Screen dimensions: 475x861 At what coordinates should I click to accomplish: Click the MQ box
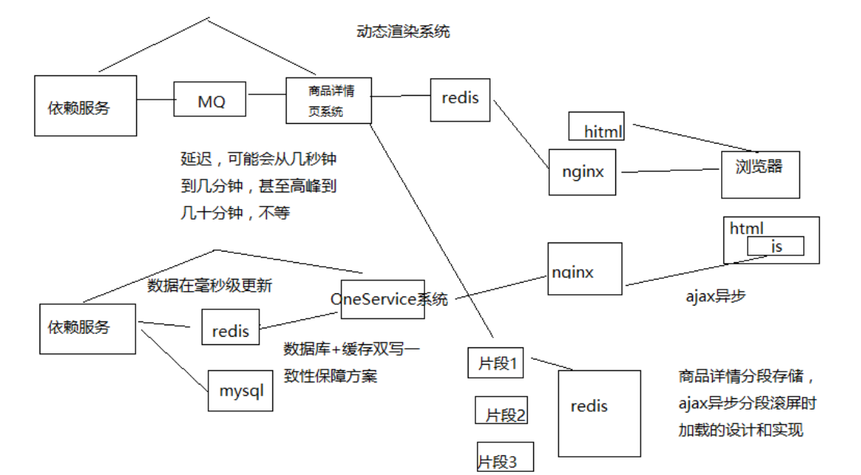pyautogui.click(x=211, y=100)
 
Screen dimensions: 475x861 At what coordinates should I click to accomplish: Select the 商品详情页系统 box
pyautogui.click(x=329, y=100)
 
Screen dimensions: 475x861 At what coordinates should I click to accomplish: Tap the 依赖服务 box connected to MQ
pyautogui.click(x=85, y=106)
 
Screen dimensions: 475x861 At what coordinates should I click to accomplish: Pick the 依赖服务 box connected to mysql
pyautogui.click(x=87, y=328)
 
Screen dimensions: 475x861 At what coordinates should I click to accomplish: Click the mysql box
pyautogui.click(x=240, y=390)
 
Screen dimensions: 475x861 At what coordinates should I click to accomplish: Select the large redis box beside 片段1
pyautogui.click(x=599, y=413)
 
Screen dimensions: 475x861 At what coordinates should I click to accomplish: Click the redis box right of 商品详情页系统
pyautogui.click(x=459, y=100)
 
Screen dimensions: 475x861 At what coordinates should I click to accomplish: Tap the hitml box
pyautogui.click(x=596, y=126)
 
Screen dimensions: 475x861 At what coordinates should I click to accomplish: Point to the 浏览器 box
pyautogui.click(x=760, y=174)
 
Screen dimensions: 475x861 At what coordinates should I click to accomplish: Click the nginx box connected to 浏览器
pyautogui.click(x=583, y=171)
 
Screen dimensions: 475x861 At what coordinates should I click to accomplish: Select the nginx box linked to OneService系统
pyautogui.click(x=584, y=269)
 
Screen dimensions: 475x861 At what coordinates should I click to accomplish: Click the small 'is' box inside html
pyautogui.click(x=775, y=246)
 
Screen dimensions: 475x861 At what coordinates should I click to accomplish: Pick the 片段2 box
pyautogui.click(x=500, y=410)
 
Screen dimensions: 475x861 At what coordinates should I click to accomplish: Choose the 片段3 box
pyautogui.click(x=505, y=456)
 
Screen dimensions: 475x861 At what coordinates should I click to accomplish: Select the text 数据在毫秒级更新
pyautogui.click(x=209, y=286)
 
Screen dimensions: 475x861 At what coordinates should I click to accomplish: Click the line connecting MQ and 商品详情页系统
pyautogui.click(x=266, y=95)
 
